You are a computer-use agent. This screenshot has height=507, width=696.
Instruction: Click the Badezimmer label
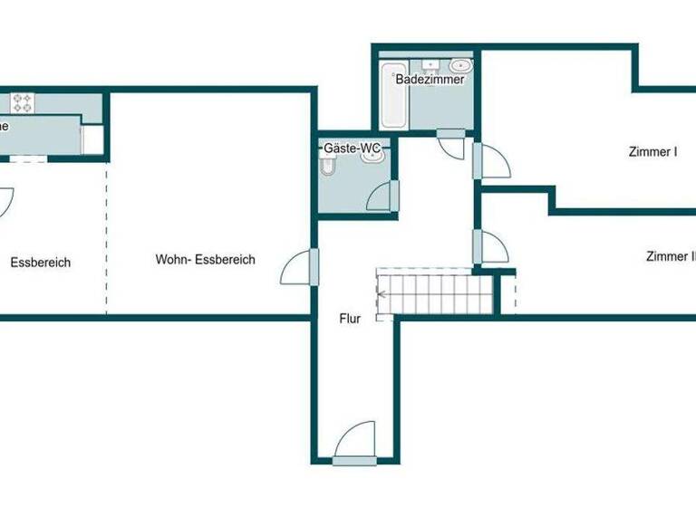pyautogui.click(x=430, y=80)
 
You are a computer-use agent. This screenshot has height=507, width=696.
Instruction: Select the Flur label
pyautogui.click(x=351, y=319)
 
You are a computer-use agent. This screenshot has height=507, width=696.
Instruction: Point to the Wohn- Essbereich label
pyautogui.click(x=205, y=260)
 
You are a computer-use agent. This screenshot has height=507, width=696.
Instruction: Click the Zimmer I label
pyautogui.click(x=652, y=152)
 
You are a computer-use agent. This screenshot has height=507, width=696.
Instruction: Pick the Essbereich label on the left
pyautogui.click(x=41, y=263)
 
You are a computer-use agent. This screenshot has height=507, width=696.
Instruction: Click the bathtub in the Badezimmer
pyautogui.click(x=394, y=96)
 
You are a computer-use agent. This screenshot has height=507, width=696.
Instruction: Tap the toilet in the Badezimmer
pyautogui.click(x=461, y=65)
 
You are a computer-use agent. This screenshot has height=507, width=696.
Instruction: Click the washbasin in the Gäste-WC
pyautogui.click(x=372, y=155)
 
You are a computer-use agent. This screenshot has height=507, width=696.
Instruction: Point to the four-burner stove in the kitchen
pyautogui.click(x=22, y=102)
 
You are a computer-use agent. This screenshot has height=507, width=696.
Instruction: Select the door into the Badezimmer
pyautogui.click(x=450, y=145)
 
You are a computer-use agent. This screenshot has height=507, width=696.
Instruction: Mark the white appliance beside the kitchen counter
pyautogui.click(x=92, y=139)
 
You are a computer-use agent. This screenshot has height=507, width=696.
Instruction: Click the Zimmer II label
pyautogui.click(x=671, y=257)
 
